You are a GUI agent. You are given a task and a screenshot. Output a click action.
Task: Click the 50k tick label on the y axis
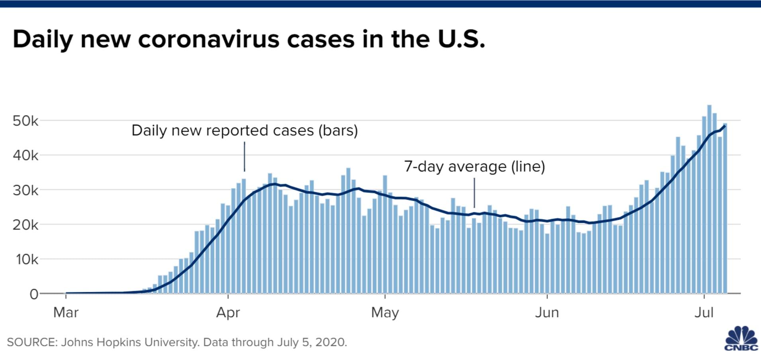click(25, 121)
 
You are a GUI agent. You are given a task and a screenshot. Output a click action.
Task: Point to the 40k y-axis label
click(25, 155)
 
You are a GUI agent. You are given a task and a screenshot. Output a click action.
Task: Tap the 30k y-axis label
click(25, 191)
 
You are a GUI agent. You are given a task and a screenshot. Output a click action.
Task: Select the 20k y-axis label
click(25, 225)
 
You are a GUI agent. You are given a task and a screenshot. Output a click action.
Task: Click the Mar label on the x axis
click(66, 313)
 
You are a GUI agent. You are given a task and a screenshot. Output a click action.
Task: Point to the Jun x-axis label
click(547, 313)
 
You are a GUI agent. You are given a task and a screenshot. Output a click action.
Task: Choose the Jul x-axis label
click(704, 313)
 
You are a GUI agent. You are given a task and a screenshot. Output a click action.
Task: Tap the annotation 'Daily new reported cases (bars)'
click(245, 130)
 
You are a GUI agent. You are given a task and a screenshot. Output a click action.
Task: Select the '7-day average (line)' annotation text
click(475, 166)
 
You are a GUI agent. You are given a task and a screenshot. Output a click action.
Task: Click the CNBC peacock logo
click(741, 339)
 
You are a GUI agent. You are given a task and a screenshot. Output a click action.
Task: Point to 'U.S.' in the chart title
click(461, 39)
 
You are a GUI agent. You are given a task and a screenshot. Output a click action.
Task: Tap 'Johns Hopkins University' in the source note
click(129, 342)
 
